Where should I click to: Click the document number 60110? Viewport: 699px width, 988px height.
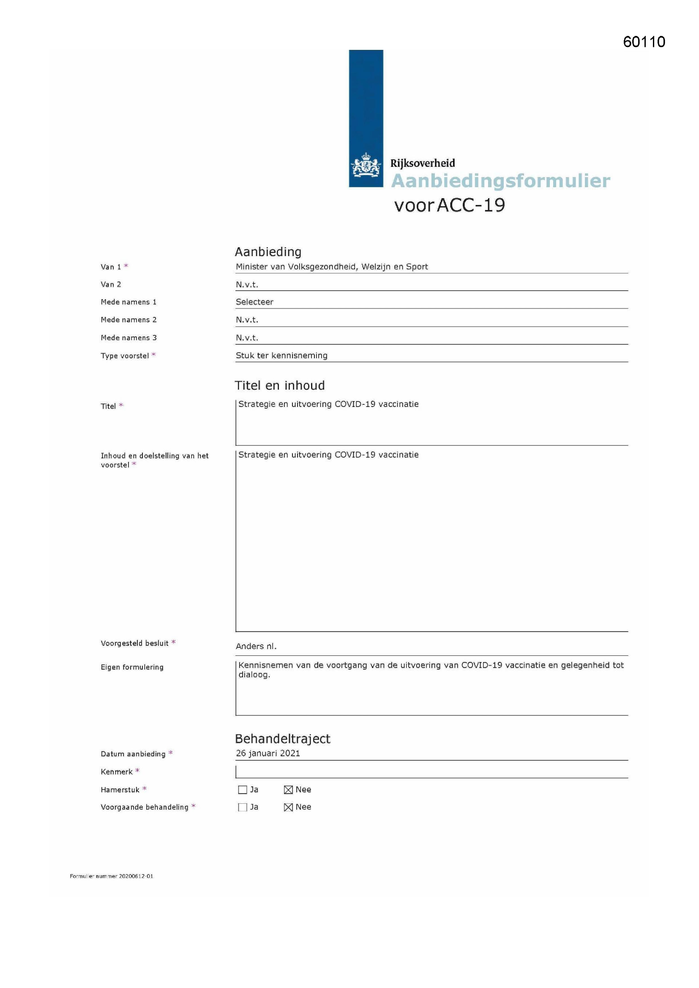coord(644,42)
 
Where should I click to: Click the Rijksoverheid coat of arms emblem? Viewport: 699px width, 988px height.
coord(366,165)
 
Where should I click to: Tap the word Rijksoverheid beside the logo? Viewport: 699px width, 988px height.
coord(422,163)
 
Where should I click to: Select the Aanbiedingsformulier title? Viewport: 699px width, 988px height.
coord(500,181)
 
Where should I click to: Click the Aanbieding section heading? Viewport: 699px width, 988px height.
coord(268,252)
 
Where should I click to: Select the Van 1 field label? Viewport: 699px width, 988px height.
coord(111,267)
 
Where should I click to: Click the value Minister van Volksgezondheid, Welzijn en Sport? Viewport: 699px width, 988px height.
coord(331,267)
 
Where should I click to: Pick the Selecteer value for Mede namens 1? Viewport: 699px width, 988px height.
coord(254,302)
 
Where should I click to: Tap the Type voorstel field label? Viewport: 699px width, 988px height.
coord(125,356)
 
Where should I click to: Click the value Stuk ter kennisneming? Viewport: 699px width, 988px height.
coord(281,355)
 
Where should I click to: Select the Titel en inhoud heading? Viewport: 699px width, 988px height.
coord(280,385)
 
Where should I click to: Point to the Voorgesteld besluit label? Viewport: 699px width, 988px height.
coord(134,643)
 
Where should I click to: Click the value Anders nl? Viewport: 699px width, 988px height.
coord(256,646)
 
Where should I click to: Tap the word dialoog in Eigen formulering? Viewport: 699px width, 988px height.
coord(254,675)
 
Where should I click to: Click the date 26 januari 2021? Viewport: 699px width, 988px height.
coord(268,753)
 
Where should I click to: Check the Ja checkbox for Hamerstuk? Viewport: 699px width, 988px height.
coord(243,790)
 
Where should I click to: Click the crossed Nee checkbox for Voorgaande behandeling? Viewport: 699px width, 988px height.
coord(288,807)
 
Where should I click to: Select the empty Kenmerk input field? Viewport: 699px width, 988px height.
coord(430,772)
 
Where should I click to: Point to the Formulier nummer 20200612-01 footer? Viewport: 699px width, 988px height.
coord(112,876)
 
